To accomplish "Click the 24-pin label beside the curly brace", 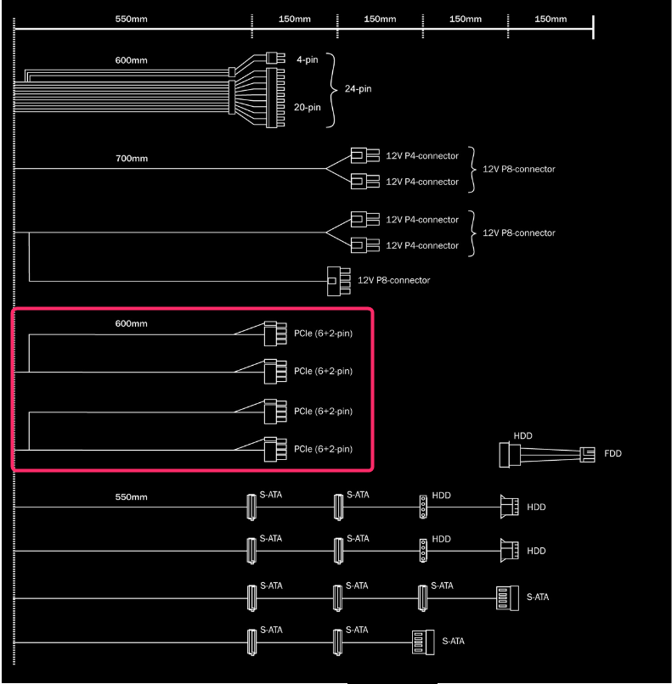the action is click(358, 89).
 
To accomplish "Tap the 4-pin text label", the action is click(308, 59).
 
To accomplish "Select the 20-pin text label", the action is click(308, 107).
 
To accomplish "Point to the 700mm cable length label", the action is click(132, 159).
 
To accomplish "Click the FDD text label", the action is click(613, 454).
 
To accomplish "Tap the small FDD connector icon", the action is click(587, 455).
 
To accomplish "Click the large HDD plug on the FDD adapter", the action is click(510, 455).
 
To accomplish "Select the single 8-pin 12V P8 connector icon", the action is click(339, 282).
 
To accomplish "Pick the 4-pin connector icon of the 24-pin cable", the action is click(275, 58).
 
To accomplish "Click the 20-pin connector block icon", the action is click(275, 98).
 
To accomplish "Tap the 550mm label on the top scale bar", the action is click(132, 20).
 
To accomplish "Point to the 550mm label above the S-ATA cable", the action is click(132, 497).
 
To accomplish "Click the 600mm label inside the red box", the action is click(132, 323).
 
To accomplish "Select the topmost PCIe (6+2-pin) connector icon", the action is click(275, 334).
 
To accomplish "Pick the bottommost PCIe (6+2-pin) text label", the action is click(323, 449).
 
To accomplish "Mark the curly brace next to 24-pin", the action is click(332, 90).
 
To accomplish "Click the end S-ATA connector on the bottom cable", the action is click(423, 642).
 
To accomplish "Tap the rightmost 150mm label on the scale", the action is click(551, 20).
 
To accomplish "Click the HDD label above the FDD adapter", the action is click(522, 436).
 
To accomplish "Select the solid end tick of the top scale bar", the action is click(593, 27).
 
